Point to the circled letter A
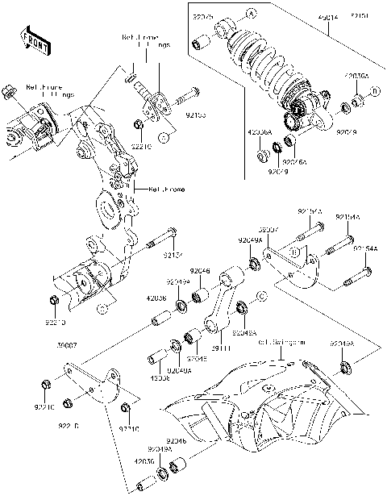(251, 14)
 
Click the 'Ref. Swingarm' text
(281, 342)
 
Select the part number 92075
(206, 15)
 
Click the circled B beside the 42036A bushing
(373, 94)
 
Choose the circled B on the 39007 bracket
(295, 252)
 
